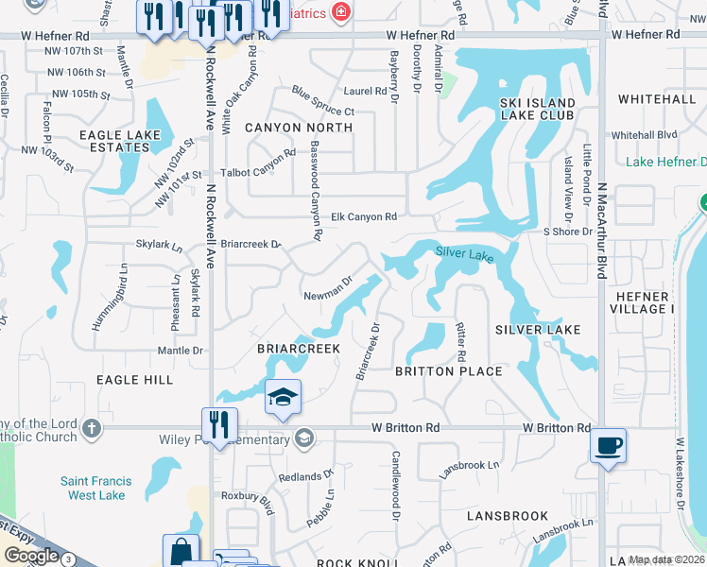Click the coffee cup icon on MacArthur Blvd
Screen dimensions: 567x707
point(607,445)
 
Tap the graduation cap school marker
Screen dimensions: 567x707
point(282,399)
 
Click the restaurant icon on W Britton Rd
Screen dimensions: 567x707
point(218,425)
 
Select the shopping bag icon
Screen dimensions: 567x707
point(181,552)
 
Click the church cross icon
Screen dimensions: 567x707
point(91,427)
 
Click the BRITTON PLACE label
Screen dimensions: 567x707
point(448,371)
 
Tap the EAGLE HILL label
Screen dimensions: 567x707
point(134,379)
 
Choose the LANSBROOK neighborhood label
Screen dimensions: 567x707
point(508,516)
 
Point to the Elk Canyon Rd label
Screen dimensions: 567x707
point(364,217)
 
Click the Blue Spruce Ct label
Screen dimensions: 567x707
point(322,102)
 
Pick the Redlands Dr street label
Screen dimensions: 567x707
point(305,475)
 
